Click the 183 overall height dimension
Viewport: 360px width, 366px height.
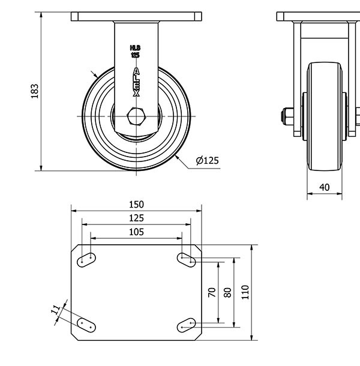click(x=35, y=91)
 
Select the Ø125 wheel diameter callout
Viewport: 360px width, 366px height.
click(x=208, y=161)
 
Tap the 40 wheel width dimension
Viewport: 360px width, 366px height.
click(x=325, y=187)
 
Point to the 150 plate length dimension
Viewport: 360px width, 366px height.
click(x=136, y=205)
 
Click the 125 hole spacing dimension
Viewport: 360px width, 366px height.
click(x=136, y=218)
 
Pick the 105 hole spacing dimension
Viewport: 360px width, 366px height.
click(x=136, y=232)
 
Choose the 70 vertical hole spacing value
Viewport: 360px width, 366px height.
click(x=212, y=292)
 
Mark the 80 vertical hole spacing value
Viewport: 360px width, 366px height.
click(x=227, y=292)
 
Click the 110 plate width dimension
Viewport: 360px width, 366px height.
click(x=245, y=292)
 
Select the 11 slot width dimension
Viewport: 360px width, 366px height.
click(x=55, y=310)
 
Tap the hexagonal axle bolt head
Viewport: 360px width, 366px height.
click(x=136, y=116)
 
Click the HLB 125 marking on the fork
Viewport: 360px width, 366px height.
click(x=135, y=52)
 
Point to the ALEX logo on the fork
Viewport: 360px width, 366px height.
click(x=136, y=82)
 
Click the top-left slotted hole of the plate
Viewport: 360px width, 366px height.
click(x=86, y=260)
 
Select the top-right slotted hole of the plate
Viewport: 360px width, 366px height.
click(x=187, y=260)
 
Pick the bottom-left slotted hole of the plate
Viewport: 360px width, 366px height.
click(x=86, y=325)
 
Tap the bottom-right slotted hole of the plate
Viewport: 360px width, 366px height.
click(x=187, y=325)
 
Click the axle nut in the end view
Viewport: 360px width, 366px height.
click(x=287, y=116)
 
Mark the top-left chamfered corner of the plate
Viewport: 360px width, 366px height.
click(x=75, y=248)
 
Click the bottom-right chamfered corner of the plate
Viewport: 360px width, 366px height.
click(x=198, y=337)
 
